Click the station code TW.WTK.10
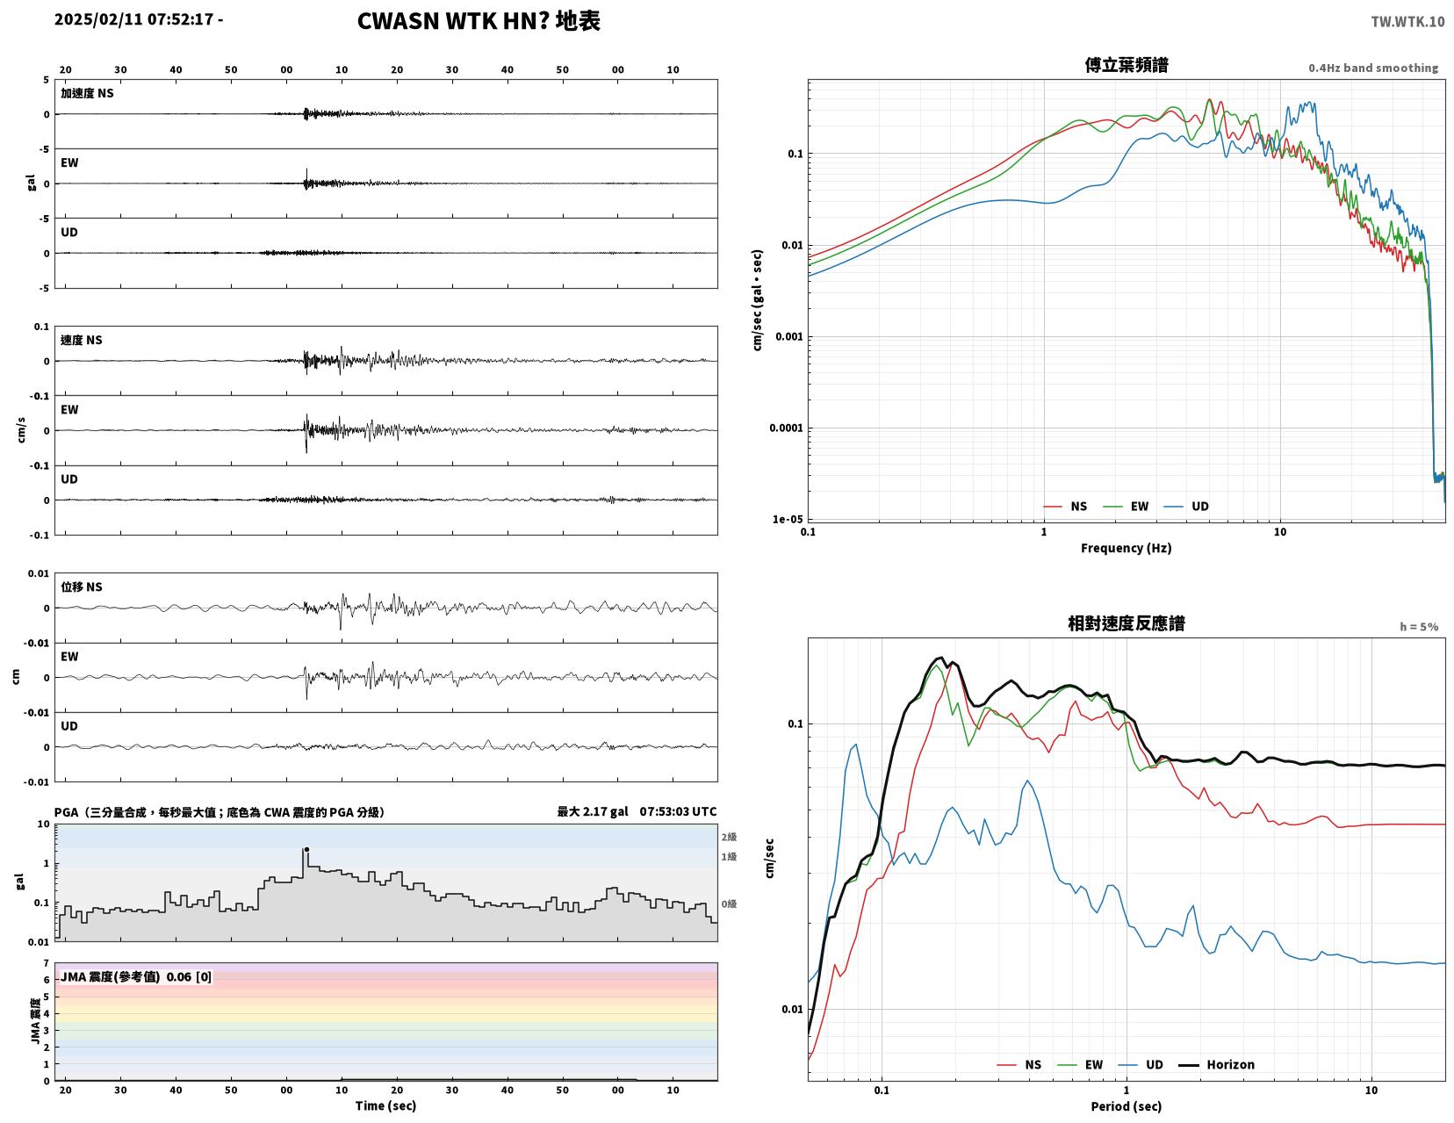[1407, 21]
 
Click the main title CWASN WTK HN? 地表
[479, 21]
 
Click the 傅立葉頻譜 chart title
[1126, 65]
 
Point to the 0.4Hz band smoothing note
[1373, 68]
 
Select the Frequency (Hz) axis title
[1126, 548]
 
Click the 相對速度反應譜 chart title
[1126, 623]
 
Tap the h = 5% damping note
[1419, 627]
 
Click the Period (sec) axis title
[1126, 1106]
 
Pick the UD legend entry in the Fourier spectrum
[1186, 507]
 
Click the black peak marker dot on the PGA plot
[306, 849]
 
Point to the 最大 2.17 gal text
[592, 811]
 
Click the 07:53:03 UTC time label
[678, 811]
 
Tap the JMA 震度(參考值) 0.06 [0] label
[136, 976]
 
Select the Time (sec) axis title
[385, 1105]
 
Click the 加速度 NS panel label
[87, 93]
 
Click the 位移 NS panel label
[82, 587]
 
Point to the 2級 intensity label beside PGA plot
[729, 837]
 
